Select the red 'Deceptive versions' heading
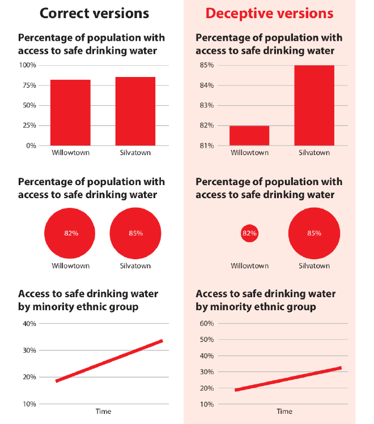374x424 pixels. point(269,14)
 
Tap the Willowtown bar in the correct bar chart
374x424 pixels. point(70,112)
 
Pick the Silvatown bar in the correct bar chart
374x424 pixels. point(135,111)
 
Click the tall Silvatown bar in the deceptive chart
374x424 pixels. point(314,105)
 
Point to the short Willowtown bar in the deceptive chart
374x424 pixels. point(249,135)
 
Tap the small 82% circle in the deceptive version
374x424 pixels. point(249,233)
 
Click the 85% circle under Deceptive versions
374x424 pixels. point(314,233)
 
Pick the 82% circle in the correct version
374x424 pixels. point(70,233)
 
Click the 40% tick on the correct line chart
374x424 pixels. point(29,323)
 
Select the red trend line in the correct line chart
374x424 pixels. point(109,361)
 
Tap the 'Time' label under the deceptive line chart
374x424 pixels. point(284,412)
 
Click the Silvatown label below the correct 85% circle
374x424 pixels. point(135,265)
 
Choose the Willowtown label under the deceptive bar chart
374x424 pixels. point(249,153)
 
